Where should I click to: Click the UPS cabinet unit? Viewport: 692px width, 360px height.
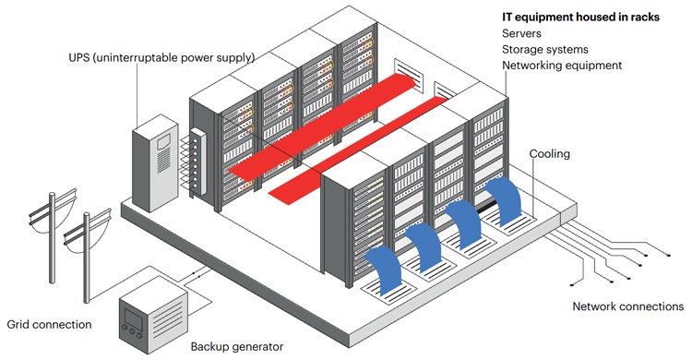155,164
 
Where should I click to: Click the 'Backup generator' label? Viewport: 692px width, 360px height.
237,347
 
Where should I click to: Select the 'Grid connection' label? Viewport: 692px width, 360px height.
50,325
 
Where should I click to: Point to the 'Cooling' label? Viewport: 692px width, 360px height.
550,154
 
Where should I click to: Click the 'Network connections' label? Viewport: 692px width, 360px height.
628,306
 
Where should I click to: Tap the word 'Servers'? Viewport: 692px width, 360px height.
521,33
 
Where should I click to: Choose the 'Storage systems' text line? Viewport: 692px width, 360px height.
545,50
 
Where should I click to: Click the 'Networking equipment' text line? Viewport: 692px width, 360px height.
562,66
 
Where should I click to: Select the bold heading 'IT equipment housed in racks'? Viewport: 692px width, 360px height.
580,18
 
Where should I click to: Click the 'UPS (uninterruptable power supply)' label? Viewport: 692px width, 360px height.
161,57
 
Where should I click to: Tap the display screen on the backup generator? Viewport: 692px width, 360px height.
132,317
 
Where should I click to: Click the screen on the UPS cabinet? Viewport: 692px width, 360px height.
162,141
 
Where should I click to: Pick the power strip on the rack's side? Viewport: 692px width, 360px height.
198,162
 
